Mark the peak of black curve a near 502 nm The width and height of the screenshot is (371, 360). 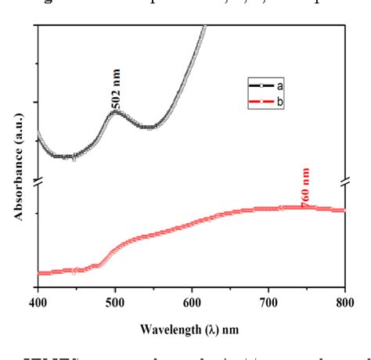pyautogui.click(x=115, y=112)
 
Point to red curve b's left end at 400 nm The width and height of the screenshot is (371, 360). pyautogui.click(x=38, y=273)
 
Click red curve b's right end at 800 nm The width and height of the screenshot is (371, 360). pyautogui.click(x=344, y=210)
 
